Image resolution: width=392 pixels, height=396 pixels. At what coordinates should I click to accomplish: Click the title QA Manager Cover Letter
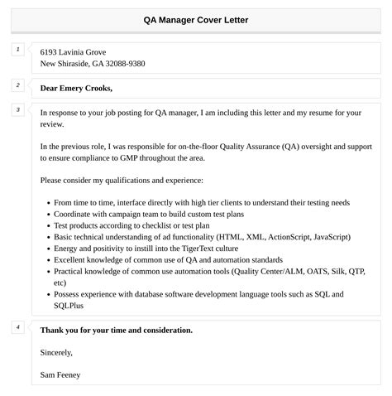click(x=195, y=20)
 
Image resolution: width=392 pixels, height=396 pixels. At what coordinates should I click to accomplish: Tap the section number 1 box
click(x=17, y=51)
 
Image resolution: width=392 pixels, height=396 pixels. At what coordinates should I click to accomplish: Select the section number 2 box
click(x=17, y=85)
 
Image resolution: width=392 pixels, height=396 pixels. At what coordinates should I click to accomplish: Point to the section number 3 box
click(x=17, y=109)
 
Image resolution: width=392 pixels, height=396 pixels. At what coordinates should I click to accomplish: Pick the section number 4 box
click(x=17, y=327)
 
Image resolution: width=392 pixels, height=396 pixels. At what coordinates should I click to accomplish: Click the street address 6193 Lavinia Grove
click(x=73, y=51)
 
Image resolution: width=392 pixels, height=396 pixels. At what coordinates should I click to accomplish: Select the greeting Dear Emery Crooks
click(x=76, y=88)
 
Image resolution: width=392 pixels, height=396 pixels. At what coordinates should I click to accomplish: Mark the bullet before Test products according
click(x=45, y=225)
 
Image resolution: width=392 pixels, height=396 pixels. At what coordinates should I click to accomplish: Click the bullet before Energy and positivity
click(x=45, y=248)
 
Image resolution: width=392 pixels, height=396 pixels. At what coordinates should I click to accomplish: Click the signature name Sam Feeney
click(x=60, y=374)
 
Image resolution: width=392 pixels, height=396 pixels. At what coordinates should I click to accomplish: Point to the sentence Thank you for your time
click(x=116, y=330)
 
